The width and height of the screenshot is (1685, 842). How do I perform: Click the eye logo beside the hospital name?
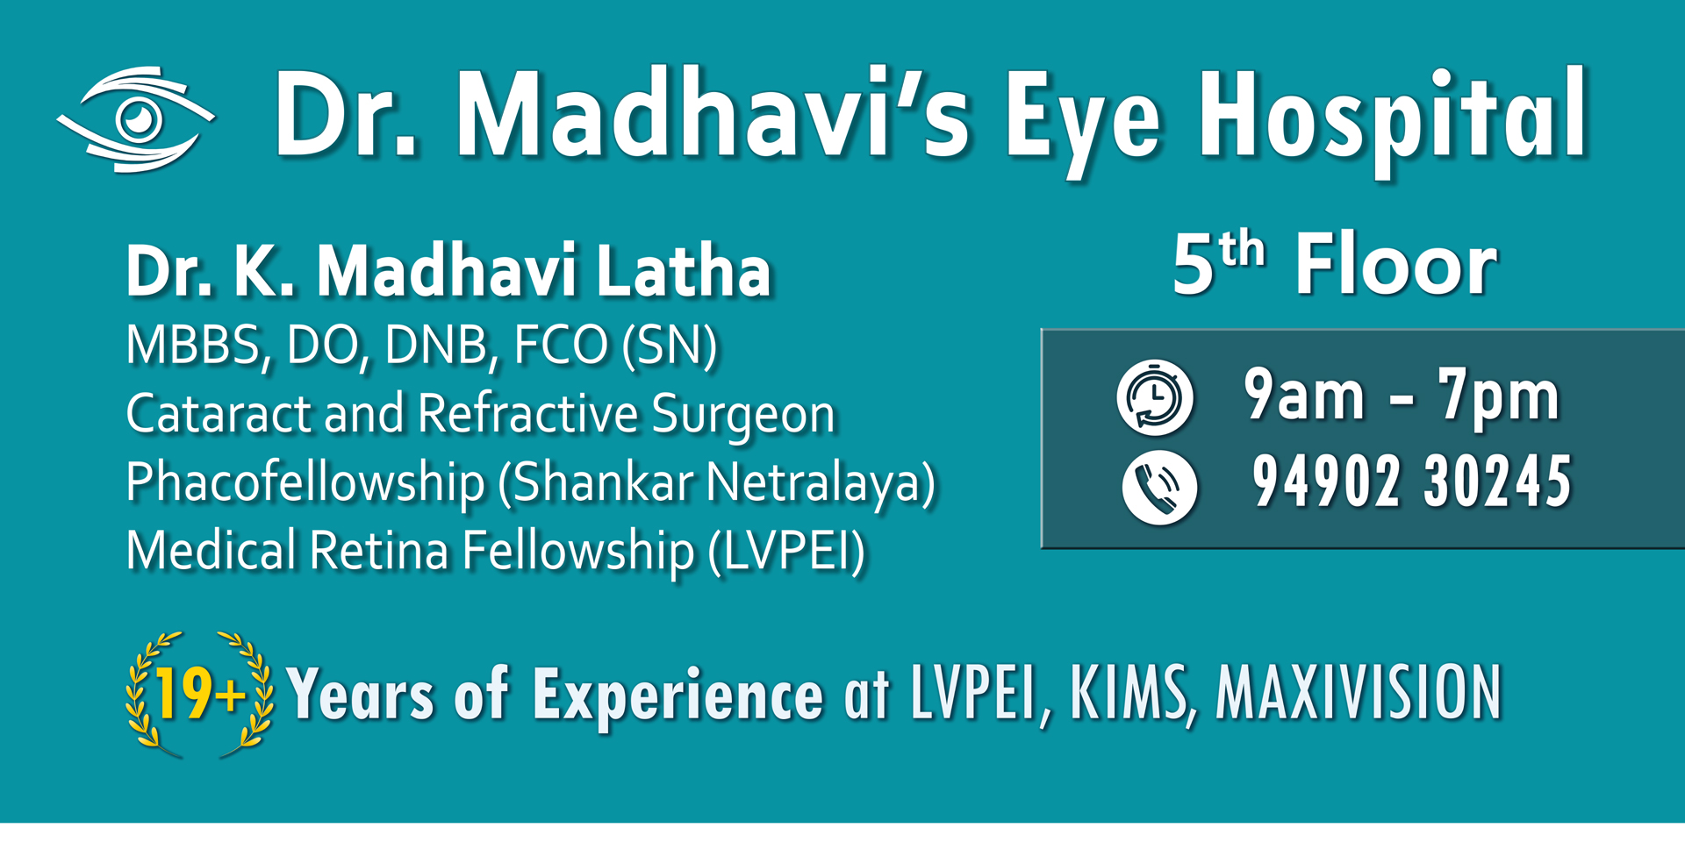(136, 118)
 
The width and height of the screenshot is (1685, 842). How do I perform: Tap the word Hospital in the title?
(1394, 123)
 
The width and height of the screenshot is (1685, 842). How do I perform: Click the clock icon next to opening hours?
(1155, 397)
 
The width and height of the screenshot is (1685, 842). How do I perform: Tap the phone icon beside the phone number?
(1159, 488)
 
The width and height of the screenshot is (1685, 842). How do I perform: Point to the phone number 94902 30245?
(1411, 482)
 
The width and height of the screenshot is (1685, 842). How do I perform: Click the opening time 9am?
(1304, 396)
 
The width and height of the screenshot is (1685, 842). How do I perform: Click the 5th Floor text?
(1335, 264)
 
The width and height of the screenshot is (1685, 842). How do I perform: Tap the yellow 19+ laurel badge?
(199, 694)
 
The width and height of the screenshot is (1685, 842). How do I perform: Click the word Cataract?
(219, 413)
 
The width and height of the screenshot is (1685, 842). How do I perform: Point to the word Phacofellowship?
(305, 482)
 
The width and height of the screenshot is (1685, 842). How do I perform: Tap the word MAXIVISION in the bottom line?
(1359, 693)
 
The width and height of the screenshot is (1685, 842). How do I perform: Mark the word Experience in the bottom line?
(678, 695)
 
